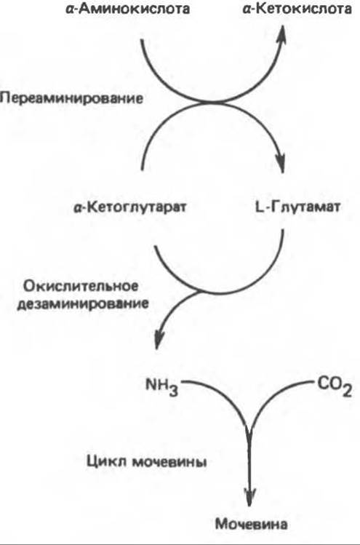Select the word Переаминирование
(x=71, y=99)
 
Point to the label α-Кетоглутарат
(x=130, y=207)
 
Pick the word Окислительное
(x=81, y=287)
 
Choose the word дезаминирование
(x=83, y=304)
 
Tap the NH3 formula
(x=162, y=387)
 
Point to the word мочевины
(x=169, y=463)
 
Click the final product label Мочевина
(x=251, y=524)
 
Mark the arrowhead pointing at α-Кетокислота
(x=281, y=35)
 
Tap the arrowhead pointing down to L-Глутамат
(x=280, y=162)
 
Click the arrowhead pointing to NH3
(x=159, y=339)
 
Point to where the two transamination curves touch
(x=212, y=102)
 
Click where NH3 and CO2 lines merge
(x=249, y=427)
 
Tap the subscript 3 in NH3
(x=173, y=391)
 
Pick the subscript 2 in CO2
(x=347, y=391)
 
